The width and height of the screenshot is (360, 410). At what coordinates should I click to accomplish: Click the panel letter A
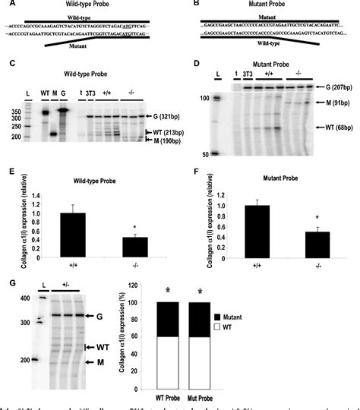coord(6,4)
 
